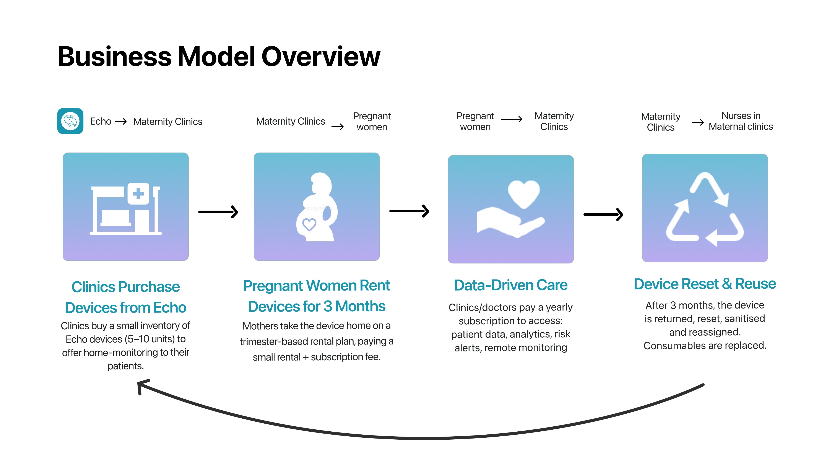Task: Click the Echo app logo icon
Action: click(x=70, y=121)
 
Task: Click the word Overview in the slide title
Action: click(x=321, y=57)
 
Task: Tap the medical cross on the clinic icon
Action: click(x=138, y=194)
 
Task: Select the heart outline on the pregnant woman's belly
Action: click(x=309, y=224)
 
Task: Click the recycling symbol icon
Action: click(x=705, y=209)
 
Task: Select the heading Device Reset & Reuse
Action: click(x=705, y=284)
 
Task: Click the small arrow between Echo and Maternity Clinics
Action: click(x=121, y=121)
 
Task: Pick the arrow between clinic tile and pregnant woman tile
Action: click(x=218, y=212)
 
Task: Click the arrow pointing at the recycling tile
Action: click(x=603, y=214)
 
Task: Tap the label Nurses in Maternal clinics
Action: click(x=741, y=121)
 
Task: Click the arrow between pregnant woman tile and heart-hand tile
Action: click(x=409, y=211)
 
